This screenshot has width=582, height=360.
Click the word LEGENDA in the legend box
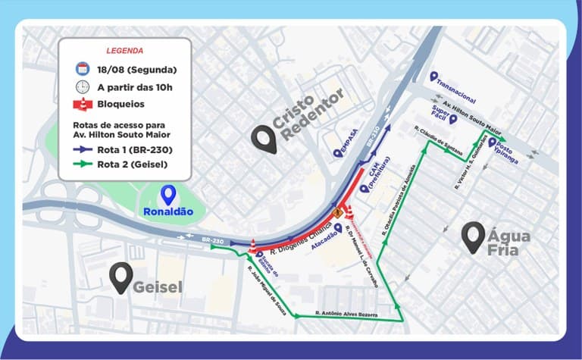coord(125,51)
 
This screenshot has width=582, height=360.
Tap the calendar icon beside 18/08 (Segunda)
coord(83,69)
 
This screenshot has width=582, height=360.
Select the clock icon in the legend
coord(83,86)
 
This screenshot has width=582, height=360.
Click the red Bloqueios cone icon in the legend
coord(83,104)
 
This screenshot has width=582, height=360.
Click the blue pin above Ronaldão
coord(168,195)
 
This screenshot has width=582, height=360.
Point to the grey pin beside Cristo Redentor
coord(264,138)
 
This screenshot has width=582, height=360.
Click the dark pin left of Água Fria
coord(474,236)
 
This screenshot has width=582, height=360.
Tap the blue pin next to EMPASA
coord(336,153)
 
